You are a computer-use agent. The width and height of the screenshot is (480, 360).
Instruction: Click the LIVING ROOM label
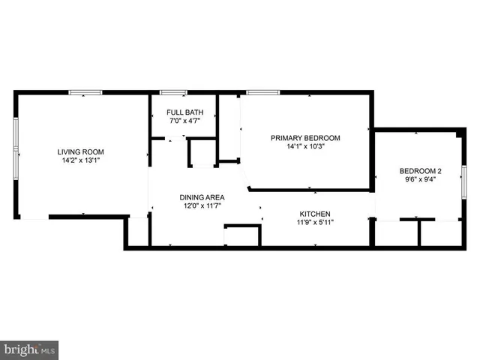click(x=80, y=152)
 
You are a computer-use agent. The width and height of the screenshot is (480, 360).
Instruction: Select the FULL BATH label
click(x=183, y=112)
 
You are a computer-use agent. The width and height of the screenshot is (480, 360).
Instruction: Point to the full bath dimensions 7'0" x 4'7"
click(x=183, y=121)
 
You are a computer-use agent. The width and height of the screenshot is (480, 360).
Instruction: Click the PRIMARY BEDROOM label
click(x=305, y=138)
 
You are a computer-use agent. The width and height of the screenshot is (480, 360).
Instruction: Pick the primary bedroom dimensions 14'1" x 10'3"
click(x=305, y=147)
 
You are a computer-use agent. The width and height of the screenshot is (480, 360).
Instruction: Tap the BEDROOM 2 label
click(x=419, y=170)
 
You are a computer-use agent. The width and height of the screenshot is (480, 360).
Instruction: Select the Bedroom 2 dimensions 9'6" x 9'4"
click(x=419, y=179)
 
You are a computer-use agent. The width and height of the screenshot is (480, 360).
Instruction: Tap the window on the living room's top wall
click(x=85, y=93)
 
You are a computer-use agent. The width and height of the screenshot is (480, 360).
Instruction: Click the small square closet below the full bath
click(x=201, y=153)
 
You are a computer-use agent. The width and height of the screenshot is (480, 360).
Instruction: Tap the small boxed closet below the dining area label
click(x=241, y=235)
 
